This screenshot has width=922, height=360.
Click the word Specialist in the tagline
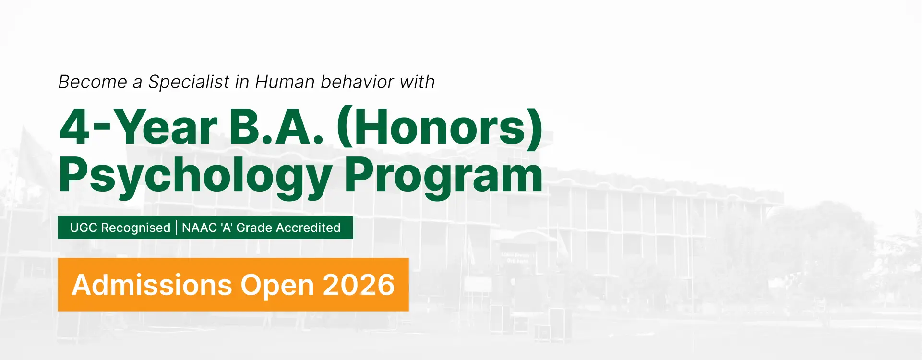[x=189, y=82]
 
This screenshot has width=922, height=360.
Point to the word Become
[x=93, y=82]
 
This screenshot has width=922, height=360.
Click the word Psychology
[x=195, y=177]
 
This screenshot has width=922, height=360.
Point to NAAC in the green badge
[x=199, y=228]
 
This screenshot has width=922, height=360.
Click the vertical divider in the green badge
[x=176, y=228]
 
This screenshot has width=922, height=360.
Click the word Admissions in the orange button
[x=152, y=285]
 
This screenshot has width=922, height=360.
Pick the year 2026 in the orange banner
[x=359, y=285]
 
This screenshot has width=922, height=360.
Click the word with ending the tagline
[x=417, y=82]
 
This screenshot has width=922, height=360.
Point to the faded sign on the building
[x=515, y=258]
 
